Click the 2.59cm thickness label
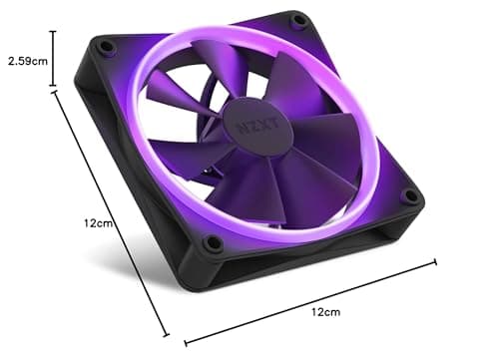point(26,61)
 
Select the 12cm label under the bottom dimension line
point(324,312)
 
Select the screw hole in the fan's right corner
point(409,196)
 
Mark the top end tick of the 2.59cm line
point(53,32)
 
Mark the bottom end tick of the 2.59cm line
point(53,89)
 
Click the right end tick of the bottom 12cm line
point(435,263)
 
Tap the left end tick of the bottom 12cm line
point(187,340)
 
